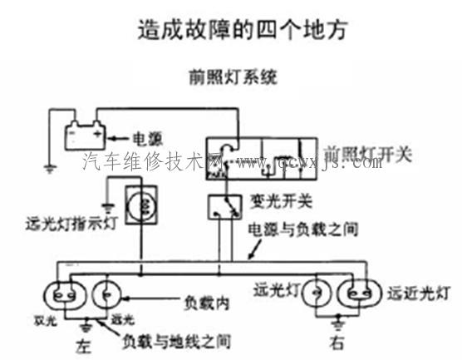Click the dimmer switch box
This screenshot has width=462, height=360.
[219, 205]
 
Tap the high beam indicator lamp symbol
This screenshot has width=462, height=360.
[143, 205]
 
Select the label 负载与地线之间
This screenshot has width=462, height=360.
[174, 340]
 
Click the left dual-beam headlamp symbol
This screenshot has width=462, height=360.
[62, 294]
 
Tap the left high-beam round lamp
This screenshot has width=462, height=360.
[107, 294]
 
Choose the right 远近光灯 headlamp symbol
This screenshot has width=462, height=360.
[358, 293]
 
